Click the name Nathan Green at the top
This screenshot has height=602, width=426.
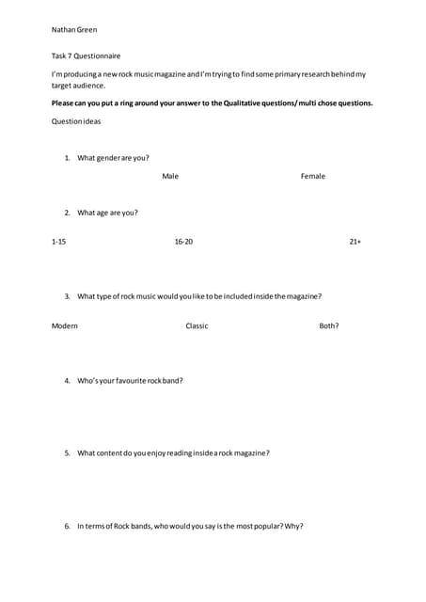[74, 30]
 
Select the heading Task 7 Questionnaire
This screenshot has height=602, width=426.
[86, 56]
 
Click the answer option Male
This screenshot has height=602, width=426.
[170, 176]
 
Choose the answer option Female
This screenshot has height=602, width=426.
[313, 176]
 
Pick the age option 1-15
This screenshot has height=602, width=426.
[58, 242]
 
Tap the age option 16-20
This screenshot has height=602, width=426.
[183, 242]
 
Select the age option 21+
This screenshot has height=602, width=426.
[355, 242]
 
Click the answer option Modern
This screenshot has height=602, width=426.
[64, 325]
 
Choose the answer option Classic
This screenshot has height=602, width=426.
[197, 325]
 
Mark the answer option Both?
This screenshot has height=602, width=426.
[329, 325]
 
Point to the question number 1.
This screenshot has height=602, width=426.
[68, 158]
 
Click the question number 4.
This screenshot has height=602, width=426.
[68, 381]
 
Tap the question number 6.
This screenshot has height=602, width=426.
[68, 526]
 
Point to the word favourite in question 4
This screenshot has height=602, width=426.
[130, 381]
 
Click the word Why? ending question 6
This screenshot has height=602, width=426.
[293, 526]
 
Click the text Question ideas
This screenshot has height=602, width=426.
[76, 121]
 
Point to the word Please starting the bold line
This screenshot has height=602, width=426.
[64, 103]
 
